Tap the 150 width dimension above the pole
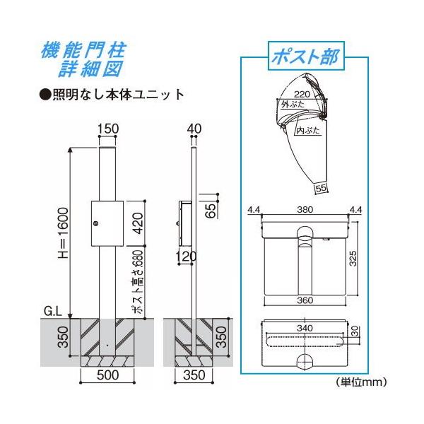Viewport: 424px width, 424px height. pos(108,129)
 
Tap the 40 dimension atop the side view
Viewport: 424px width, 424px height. pos(195,129)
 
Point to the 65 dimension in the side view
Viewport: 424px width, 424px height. pos(211,211)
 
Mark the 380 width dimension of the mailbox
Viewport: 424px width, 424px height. pos(306,209)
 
